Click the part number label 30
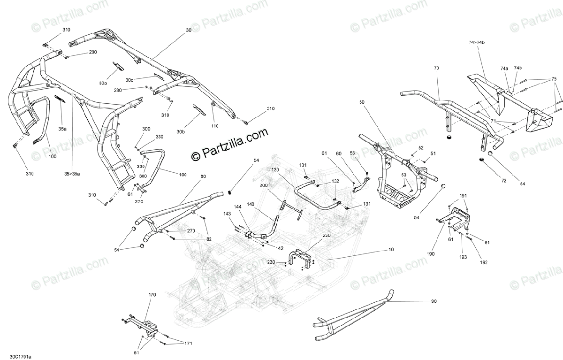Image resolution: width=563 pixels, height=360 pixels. coord(189,30)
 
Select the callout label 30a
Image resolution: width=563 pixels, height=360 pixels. coord(103,83)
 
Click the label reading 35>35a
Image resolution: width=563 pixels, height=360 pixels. coord(73,174)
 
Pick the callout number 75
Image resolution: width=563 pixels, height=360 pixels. coord(554,79)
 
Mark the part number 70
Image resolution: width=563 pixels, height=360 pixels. coord(436,69)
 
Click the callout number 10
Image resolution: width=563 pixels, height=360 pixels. coord(391,249)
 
